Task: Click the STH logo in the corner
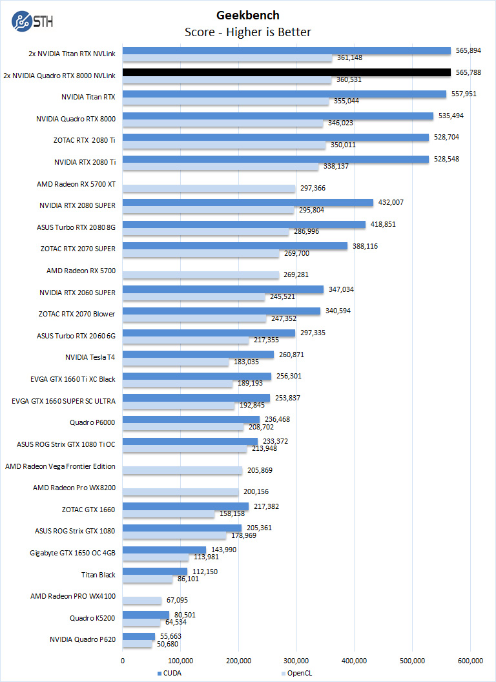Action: click(32, 21)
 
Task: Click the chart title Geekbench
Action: click(248, 15)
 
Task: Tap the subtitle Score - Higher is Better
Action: click(248, 32)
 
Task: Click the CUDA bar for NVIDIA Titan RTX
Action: click(284, 94)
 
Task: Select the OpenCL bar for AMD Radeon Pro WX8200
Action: click(180, 492)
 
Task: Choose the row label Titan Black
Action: click(98, 574)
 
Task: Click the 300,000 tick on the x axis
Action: click(296, 660)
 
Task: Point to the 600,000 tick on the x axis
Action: click(470, 660)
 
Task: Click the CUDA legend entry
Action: click(170, 674)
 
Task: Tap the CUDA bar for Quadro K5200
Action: click(146, 615)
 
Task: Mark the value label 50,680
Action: click(167, 644)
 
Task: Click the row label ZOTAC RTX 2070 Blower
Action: click(77, 314)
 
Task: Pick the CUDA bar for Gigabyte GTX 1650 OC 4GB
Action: click(164, 550)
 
